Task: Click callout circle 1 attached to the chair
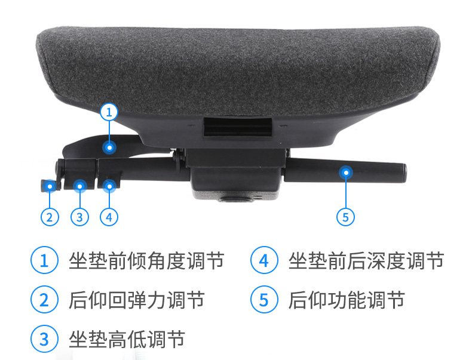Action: point(109,112)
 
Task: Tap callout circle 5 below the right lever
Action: point(345,216)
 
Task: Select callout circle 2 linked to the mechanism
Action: point(50,216)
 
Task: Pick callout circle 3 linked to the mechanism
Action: point(79,216)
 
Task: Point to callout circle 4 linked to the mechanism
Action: point(108,216)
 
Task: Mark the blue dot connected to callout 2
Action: point(50,186)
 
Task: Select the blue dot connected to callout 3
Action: point(79,186)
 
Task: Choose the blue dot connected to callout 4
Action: point(108,186)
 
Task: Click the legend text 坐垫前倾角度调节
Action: point(146,261)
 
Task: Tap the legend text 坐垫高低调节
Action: point(127,339)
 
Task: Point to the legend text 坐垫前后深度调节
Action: point(366,261)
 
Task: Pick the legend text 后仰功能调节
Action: point(346,300)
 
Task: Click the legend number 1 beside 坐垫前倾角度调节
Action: point(44,261)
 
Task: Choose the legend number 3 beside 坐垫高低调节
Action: point(44,339)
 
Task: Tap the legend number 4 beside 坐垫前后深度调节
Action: point(263,261)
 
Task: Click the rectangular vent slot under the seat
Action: point(238,127)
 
